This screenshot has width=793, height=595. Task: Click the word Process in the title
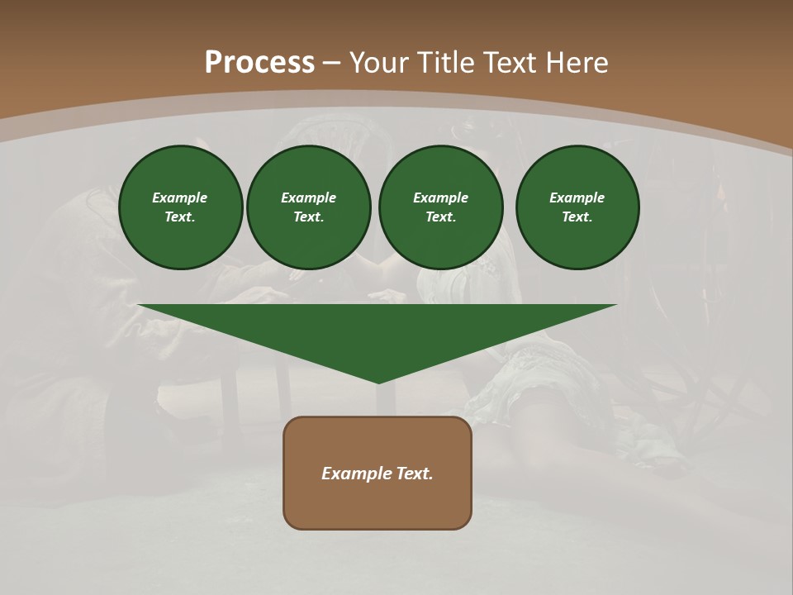[259, 63]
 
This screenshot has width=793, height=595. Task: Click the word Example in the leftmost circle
[180, 198]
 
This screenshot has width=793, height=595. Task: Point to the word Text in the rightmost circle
[577, 217]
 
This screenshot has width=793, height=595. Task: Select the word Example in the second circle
[308, 198]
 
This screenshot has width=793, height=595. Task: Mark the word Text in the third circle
[440, 217]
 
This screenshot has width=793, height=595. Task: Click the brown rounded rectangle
[378, 504]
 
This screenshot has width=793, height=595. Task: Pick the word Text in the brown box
[415, 474]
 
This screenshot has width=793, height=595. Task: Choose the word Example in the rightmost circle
[577, 198]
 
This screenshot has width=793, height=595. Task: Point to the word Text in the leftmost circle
[180, 217]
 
